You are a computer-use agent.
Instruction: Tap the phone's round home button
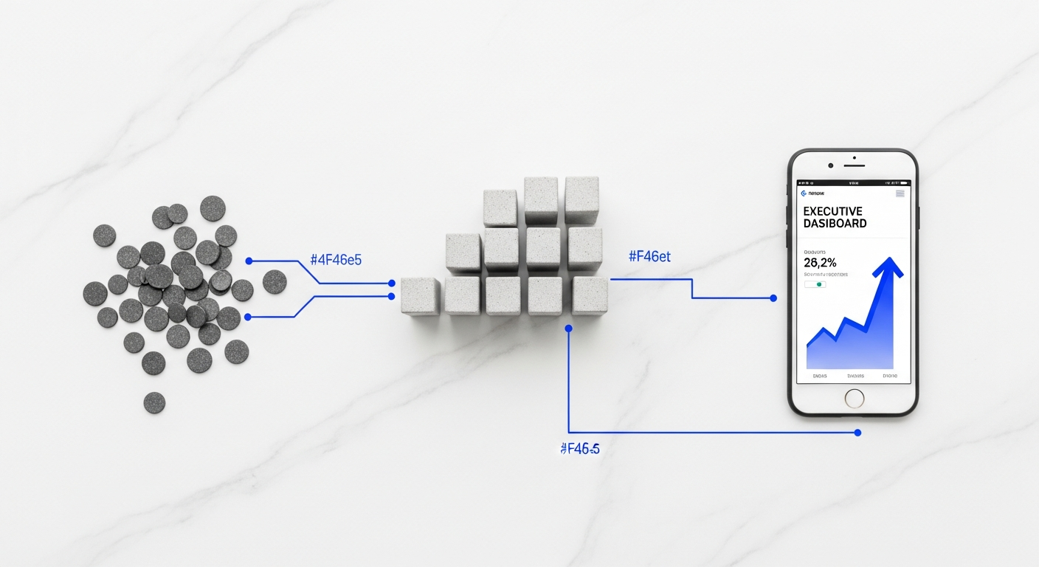[x=854, y=398]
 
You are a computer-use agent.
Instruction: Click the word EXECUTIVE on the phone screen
[x=832, y=211]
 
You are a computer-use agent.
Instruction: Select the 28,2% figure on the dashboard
[x=820, y=263]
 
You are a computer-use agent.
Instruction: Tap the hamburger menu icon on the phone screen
[x=900, y=193]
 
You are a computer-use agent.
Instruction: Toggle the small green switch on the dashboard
[x=815, y=284]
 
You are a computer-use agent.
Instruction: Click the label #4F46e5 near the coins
[x=336, y=259]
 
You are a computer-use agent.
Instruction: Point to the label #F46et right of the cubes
[x=649, y=257]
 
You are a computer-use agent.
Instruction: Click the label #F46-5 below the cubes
[x=579, y=448]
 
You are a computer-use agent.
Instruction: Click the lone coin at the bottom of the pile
[x=154, y=402]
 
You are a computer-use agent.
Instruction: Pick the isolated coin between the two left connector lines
[x=275, y=281]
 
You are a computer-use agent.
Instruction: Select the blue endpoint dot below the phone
[x=857, y=433]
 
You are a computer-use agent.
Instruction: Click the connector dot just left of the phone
[x=773, y=298]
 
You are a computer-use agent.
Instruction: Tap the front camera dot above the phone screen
[x=831, y=165]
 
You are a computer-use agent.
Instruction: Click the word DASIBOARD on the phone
[x=835, y=223]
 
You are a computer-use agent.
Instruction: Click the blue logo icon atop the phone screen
[x=804, y=193]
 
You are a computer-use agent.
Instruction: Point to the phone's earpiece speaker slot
[x=854, y=157]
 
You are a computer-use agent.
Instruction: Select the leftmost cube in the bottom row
[x=420, y=297]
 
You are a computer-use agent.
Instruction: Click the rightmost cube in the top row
[x=581, y=200]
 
